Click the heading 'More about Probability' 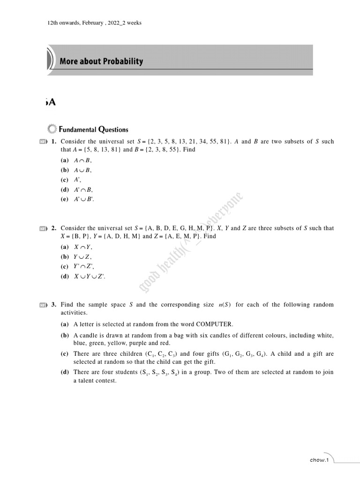pyautogui.click(x=101, y=61)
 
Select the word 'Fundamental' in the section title pyautogui.click(x=78, y=129)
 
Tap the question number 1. pyautogui.click(x=54, y=142)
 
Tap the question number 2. pyautogui.click(x=54, y=228)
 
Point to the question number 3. pyautogui.click(x=54, y=305)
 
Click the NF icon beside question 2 pyautogui.click(x=44, y=229)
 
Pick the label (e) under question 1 pyautogui.click(x=64, y=199)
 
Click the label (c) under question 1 pyautogui.click(x=64, y=180)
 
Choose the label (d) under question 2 pyautogui.click(x=64, y=277)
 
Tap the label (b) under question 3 pyautogui.click(x=64, y=336)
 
